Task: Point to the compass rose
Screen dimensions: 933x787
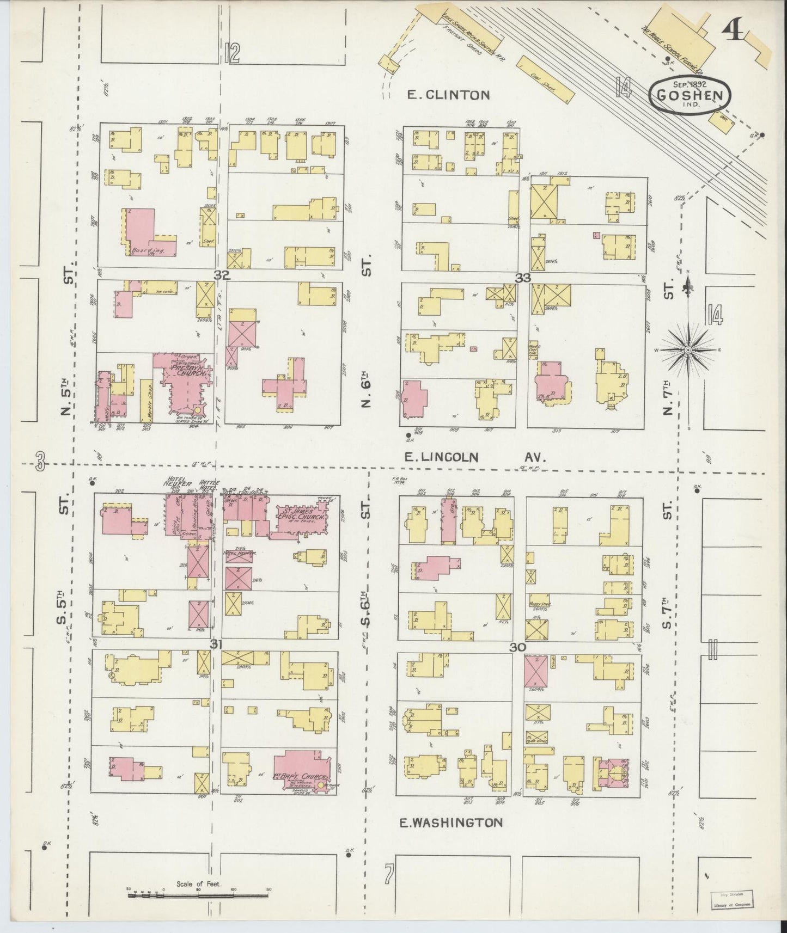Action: [x=688, y=350]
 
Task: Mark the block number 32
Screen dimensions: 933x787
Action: [x=222, y=276]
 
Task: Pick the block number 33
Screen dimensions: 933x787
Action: [x=523, y=278]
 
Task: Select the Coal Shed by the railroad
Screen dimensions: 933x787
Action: [x=545, y=80]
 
